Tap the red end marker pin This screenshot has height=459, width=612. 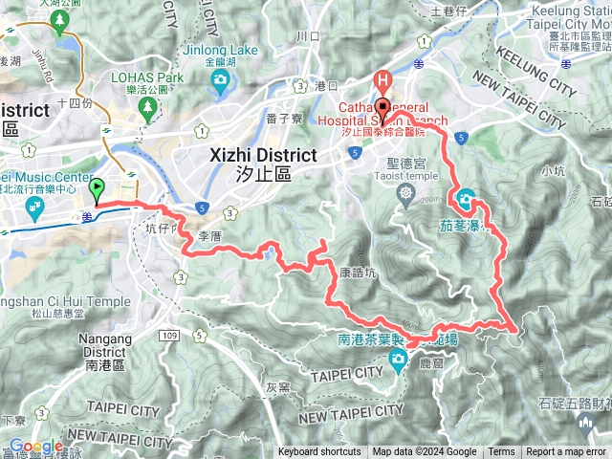tap(382, 107)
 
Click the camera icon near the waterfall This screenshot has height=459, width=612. tap(467, 201)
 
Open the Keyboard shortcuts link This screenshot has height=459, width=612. tap(319, 452)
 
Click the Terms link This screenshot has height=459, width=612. tap(501, 452)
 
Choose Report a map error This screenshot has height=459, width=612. tap(567, 452)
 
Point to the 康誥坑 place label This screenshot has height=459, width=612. tap(359, 272)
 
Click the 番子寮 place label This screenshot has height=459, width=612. tap(285, 118)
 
